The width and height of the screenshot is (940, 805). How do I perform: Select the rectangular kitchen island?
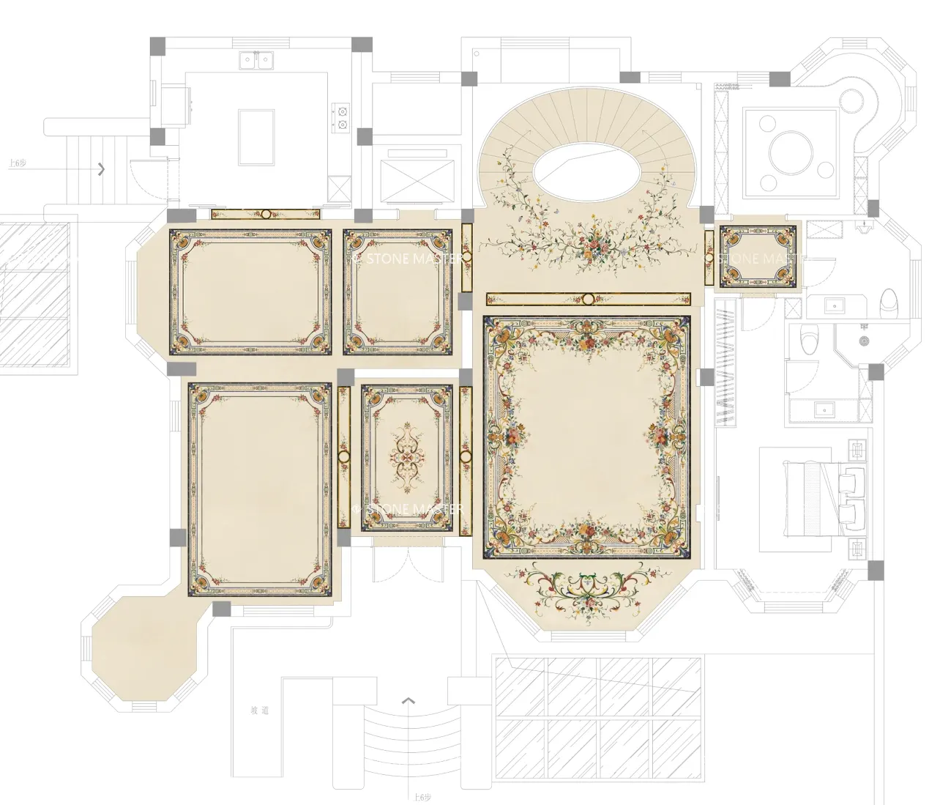pos(256,137)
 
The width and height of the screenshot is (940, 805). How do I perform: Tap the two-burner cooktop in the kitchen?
pos(340,118)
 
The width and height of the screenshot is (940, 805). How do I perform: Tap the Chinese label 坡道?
pos(260,710)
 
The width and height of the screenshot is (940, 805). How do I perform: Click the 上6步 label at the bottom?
pos(422,797)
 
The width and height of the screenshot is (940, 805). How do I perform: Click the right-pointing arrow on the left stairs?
pos(101,169)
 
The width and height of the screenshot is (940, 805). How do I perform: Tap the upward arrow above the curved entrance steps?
pos(409,701)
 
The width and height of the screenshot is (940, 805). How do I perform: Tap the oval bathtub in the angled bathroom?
pos(889,300)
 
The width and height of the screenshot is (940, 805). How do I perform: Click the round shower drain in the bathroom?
pos(865,341)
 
